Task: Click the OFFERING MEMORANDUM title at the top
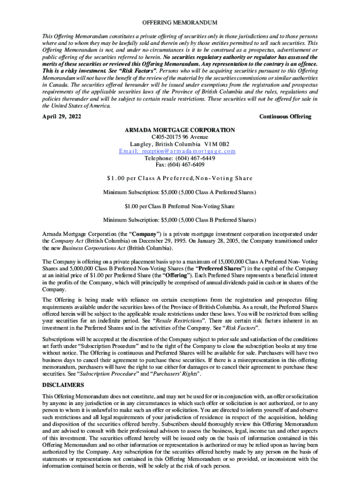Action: pyautogui.click(x=180, y=23)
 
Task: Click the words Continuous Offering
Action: pyautogui.click(x=285, y=116)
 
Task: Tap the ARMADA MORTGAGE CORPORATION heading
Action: pyautogui.click(x=180, y=130)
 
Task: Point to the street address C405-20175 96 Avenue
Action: pyautogui.click(x=180, y=137)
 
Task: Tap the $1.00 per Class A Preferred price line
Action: pyautogui.click(x=180, y=178)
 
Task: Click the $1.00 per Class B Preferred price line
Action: pyautogui.click(x=180, y=206)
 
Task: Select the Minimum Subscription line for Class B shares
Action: pyautogui.click(x=180, y=220)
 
